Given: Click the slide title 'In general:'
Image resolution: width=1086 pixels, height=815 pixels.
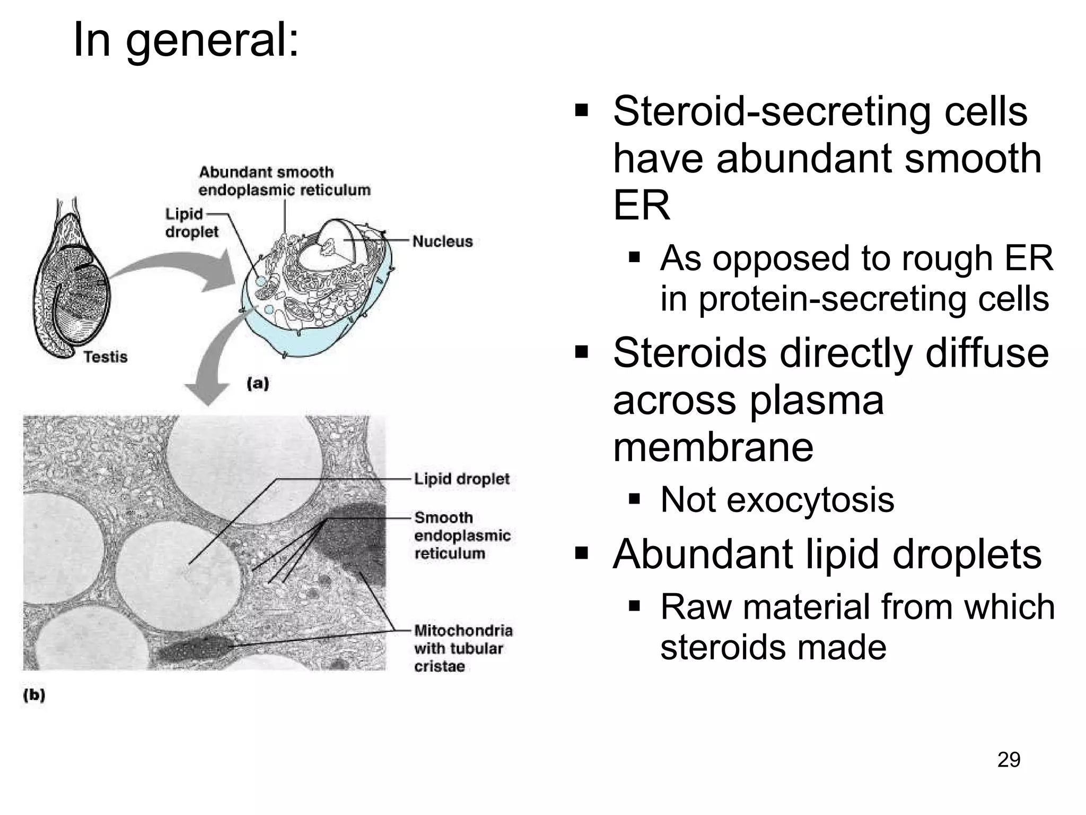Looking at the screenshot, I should [x=186, y=40].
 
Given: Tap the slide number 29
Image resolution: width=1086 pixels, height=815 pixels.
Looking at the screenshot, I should [x=1009, y=760].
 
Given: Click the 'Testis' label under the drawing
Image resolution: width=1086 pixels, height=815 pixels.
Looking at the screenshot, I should [x=105, y=357].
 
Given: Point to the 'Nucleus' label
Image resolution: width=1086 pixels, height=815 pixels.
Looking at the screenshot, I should [x=442, y=241].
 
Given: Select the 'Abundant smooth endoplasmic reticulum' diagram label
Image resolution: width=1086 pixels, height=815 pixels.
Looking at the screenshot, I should [x=284, y=181].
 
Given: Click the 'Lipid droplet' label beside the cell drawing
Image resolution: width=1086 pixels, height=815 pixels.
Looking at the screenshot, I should [x=191, y=223].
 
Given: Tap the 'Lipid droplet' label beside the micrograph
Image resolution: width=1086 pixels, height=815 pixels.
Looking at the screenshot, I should [x=461, y=479].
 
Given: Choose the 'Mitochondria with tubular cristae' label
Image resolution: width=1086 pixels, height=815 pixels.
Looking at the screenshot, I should [x=463, y=648].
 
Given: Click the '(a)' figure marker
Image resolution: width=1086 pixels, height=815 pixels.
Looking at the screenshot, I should [x=258, y=383].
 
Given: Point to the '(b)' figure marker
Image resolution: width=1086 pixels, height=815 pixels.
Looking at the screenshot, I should [x=34, y=695].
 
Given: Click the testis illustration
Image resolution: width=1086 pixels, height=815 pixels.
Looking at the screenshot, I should [x=72, y=281].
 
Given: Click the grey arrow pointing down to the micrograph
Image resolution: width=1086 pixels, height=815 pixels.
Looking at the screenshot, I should [x=212, y=366].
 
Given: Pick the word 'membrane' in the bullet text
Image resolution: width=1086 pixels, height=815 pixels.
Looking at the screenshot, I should [x=713, y=447].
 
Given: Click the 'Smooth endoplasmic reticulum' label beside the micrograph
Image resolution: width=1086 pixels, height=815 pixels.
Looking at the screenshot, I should [x=462, y=535].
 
